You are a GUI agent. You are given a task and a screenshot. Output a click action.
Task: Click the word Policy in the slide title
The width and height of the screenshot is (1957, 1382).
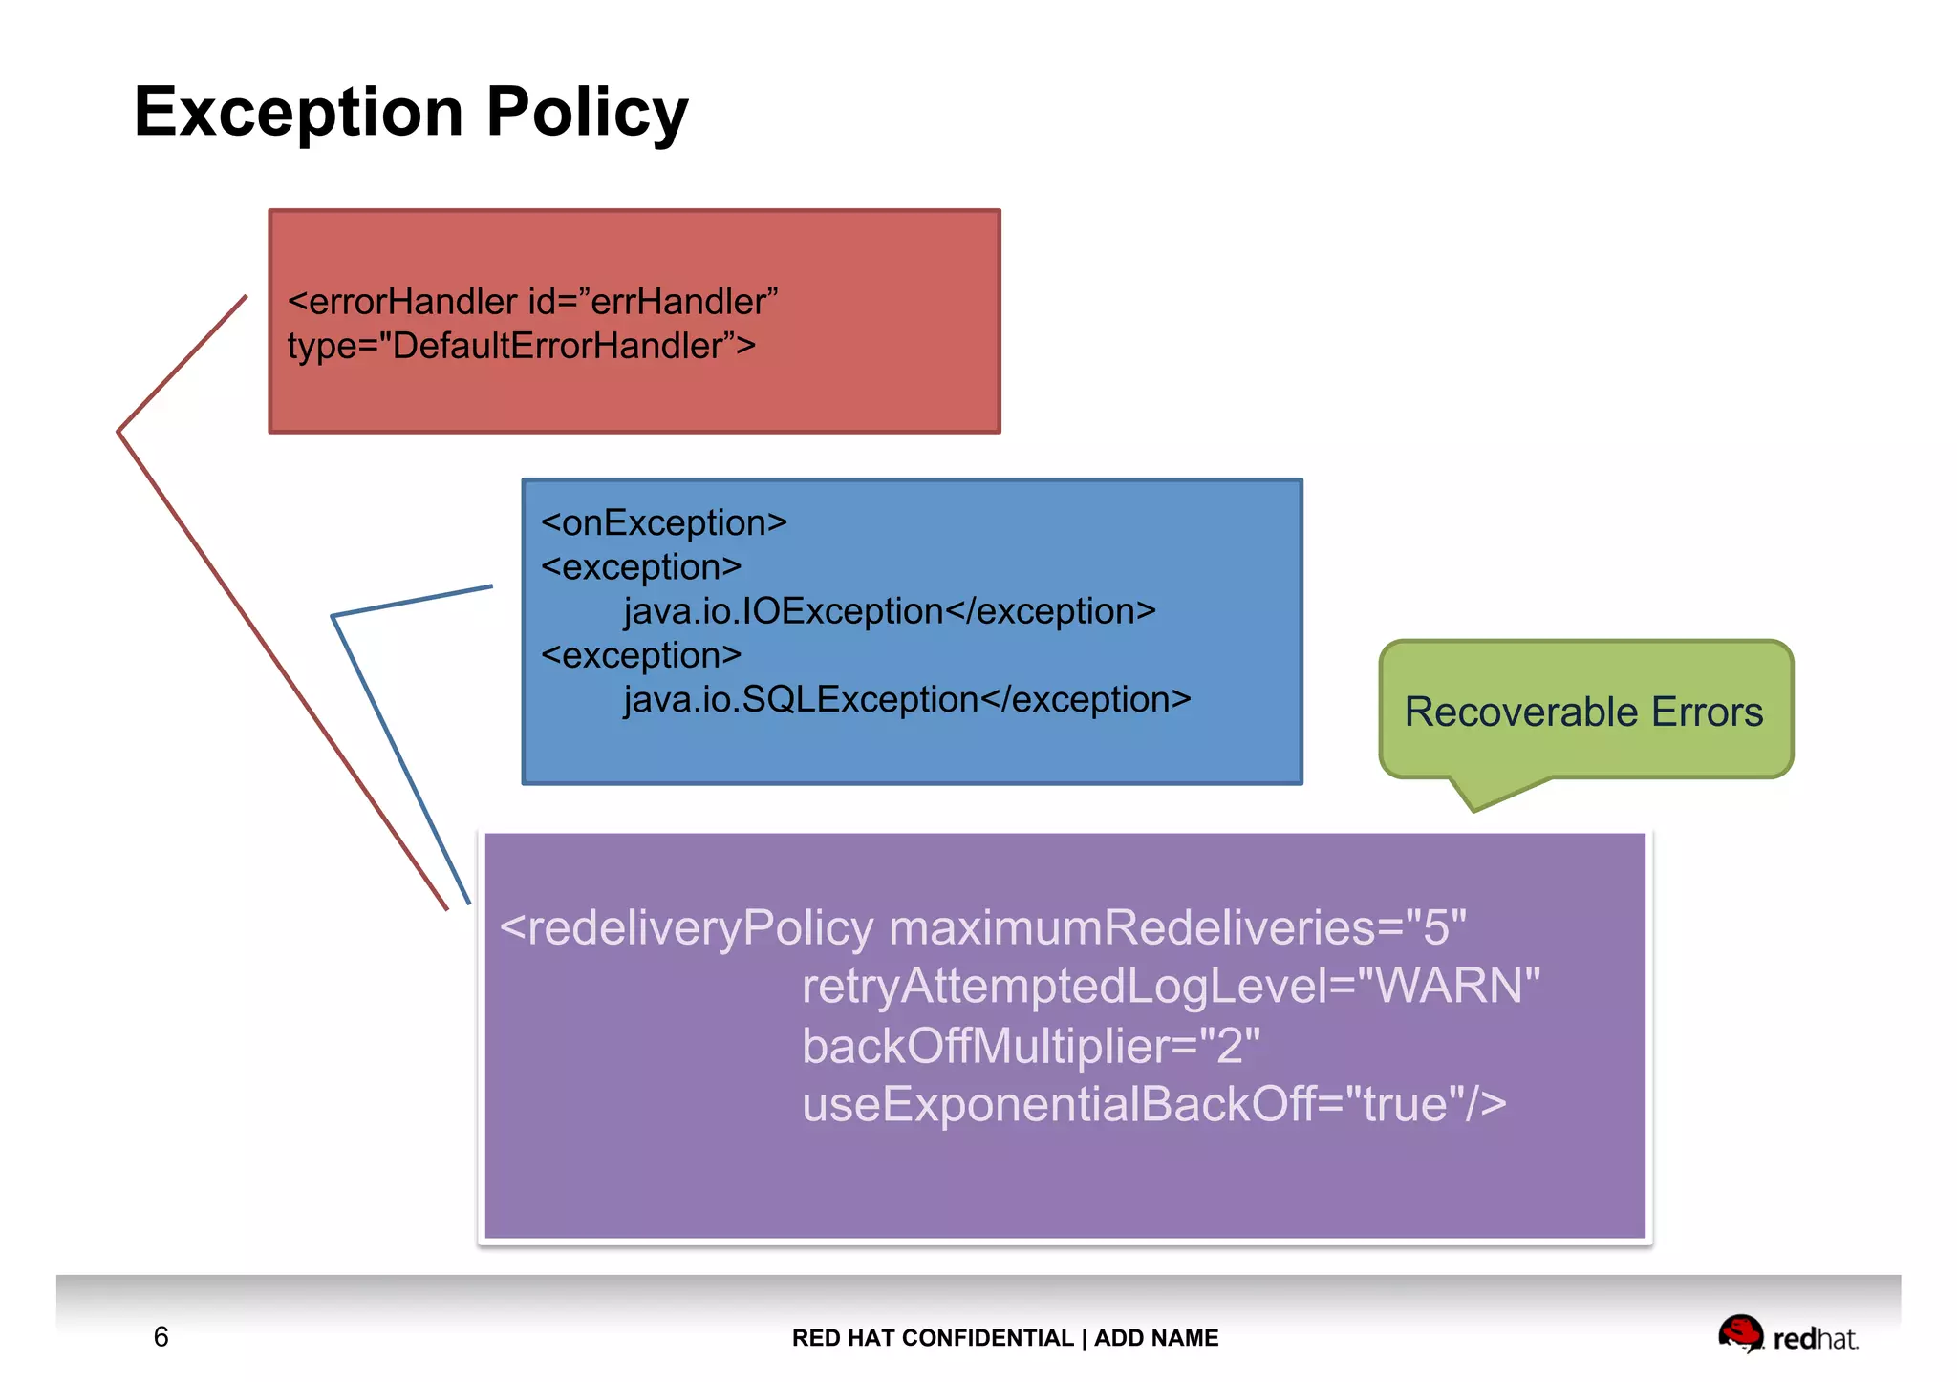[587, 112]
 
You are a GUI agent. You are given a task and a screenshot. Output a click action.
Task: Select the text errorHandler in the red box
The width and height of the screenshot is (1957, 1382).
[413, 302]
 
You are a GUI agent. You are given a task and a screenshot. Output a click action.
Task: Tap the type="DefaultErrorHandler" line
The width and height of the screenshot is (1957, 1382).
[521, 346]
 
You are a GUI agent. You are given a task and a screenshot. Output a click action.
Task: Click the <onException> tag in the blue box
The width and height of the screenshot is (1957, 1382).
[663, 523]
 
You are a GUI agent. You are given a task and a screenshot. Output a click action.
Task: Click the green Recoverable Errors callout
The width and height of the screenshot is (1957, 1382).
[1584, 712]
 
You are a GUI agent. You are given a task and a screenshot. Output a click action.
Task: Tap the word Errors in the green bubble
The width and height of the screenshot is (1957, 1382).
[1707, 712]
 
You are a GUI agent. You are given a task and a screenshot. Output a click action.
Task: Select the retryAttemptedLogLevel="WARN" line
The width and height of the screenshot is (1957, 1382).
[1171, 987]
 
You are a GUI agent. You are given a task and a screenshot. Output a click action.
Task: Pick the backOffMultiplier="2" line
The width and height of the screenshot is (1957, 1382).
[1030, 1046]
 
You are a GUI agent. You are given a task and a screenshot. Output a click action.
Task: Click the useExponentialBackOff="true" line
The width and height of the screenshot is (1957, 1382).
[1153, 1105]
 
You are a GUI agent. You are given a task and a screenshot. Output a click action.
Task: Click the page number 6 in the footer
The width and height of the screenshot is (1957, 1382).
[161, 1337]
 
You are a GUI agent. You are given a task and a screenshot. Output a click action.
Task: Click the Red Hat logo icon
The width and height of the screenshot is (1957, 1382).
[1740, 1333]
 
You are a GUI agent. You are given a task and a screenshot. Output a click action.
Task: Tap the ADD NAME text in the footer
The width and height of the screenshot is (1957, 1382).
[1156, 1338]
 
